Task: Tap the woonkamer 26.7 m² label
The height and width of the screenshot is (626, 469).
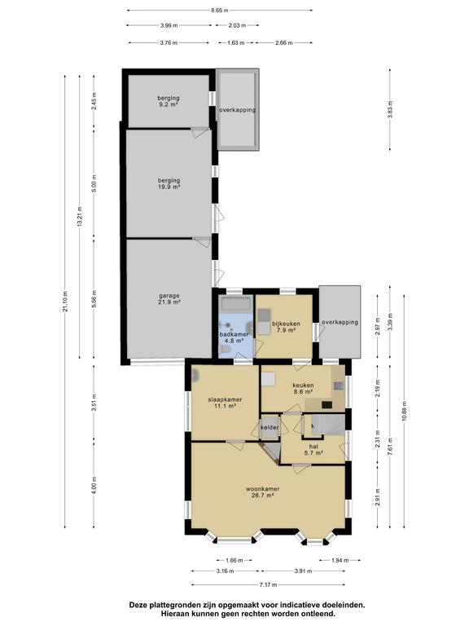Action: [262, 492]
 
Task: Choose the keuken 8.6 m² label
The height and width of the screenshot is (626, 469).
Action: [303, 389]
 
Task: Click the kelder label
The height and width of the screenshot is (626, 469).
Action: [270, 428]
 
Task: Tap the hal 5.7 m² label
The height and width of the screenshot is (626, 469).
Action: [313, 450]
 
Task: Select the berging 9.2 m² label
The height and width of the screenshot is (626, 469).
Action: [169, 101]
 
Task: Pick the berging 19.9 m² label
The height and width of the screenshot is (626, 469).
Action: [169, 183]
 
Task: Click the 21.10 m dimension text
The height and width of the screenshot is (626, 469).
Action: [65, 302]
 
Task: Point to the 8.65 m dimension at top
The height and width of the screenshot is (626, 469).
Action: [220, 11]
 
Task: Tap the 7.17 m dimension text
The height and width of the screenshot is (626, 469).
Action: [268, 585]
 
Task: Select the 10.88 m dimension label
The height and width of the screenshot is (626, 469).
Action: [405, 411]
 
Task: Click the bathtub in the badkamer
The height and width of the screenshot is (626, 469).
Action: [236, 304]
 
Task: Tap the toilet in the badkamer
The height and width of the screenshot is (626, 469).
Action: [226, 350]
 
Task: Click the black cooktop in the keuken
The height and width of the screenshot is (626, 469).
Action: [327, 405]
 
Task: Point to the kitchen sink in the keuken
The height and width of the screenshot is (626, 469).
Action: [339, 386]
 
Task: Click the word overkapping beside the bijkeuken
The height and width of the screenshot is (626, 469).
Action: [340, 322]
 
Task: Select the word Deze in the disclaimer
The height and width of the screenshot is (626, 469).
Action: [137, 605]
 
